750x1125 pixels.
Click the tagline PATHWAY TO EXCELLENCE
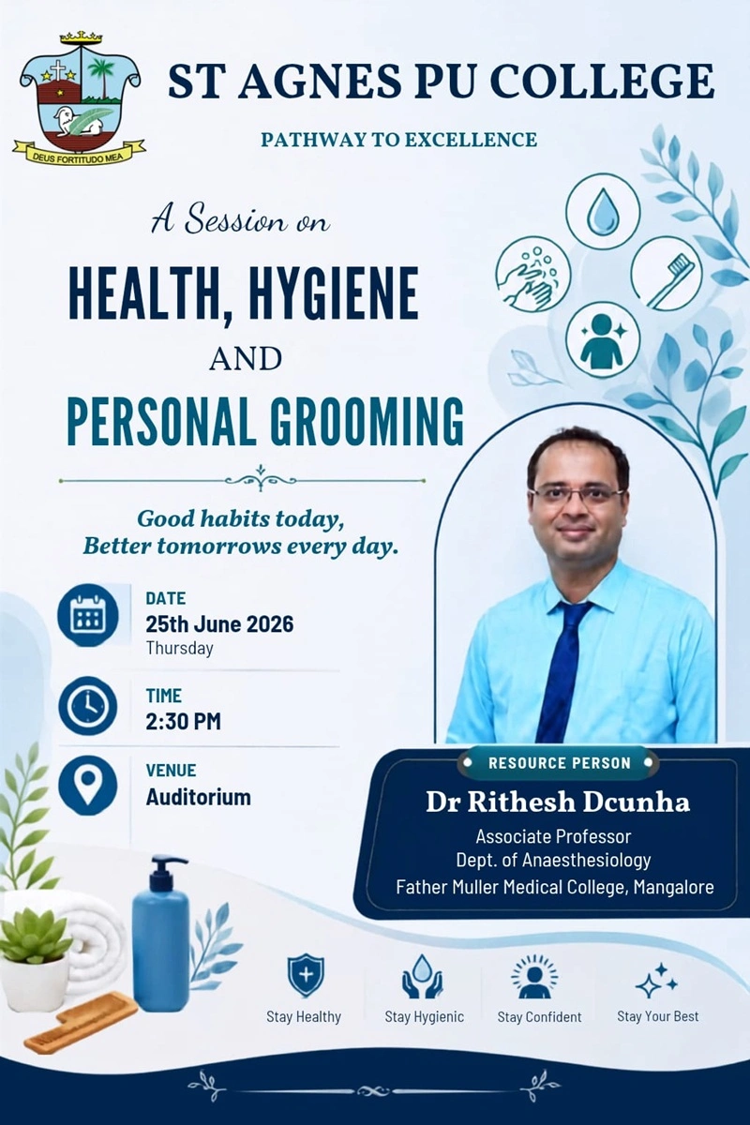coord(398,139)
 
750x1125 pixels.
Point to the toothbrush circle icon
coord(668,274)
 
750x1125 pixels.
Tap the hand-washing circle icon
coord(533,275)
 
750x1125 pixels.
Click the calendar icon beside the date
coord(88,614)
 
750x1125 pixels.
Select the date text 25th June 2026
coord(219,624)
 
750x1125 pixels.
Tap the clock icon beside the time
coord(88,707)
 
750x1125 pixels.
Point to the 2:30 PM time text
coord(184,722)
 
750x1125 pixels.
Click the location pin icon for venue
coord(88,785)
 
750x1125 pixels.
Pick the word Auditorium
coord(199,797)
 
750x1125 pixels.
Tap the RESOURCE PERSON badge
coord(559,763)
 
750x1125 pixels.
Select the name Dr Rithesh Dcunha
coord(558,802)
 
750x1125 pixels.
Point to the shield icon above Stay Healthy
coord(306,976)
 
